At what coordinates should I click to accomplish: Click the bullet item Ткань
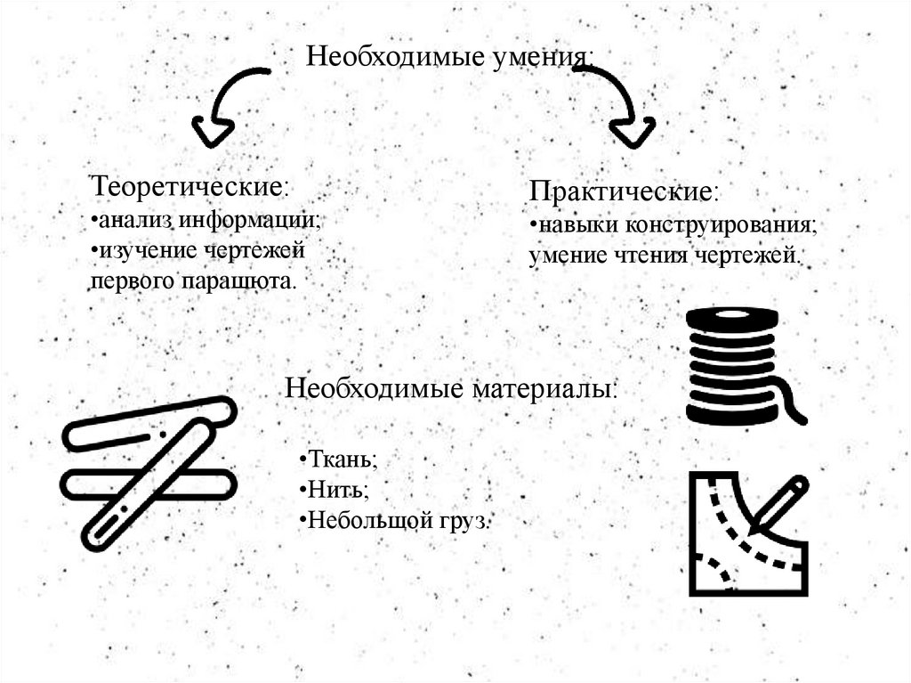pyautogui.click(x=339, y=459)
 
